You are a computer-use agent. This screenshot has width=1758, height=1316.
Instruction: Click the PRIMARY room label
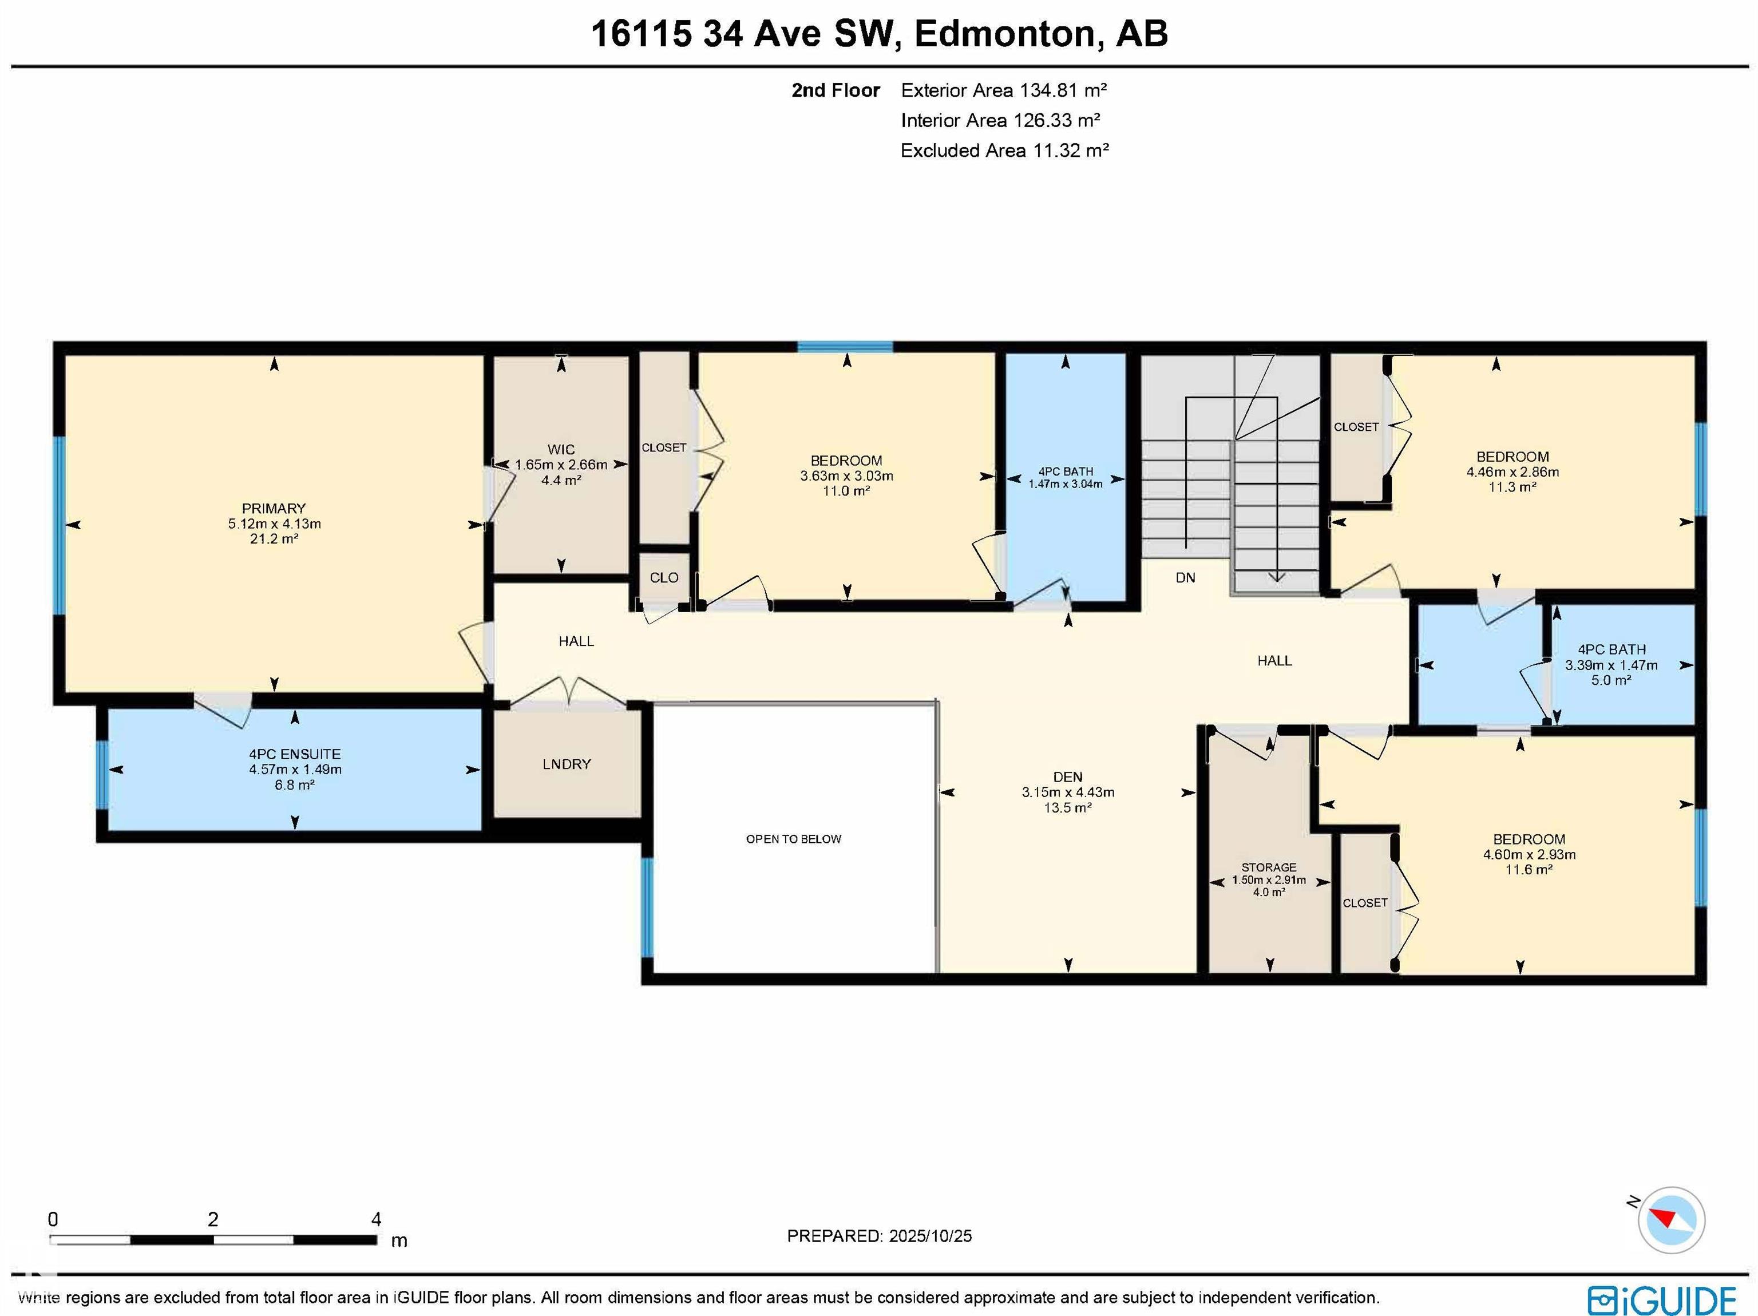[x=274, y=509]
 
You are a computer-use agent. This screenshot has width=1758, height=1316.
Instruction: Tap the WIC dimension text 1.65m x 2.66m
[x=560, y=465]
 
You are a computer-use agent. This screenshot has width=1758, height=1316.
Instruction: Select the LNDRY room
[x=566, y=764]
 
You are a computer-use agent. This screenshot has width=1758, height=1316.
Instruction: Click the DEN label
[x=1067, y=777]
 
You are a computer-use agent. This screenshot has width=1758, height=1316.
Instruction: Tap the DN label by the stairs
[x=1185, y=578]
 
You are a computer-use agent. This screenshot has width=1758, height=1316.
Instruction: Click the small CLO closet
[x=664, y=578]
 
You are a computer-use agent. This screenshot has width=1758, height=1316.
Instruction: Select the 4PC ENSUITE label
[x=294, y=754]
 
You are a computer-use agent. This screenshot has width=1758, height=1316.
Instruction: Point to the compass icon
[x=1670, y=1220]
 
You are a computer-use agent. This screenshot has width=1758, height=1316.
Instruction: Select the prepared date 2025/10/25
[x=930, y=1236]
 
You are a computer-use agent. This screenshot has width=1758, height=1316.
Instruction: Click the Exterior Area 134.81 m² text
[x=1003, y=90]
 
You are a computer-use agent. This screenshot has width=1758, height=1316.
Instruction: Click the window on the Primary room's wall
[x=59, y=525]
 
